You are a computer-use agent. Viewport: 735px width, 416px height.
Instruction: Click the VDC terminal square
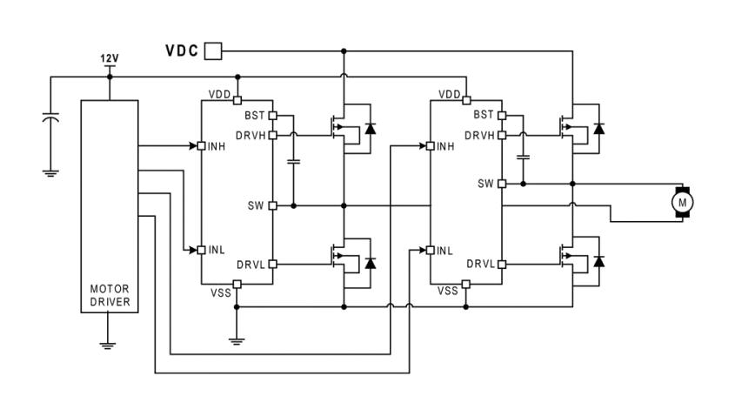[213, 50]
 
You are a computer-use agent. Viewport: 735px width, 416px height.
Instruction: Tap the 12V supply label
[110, 58]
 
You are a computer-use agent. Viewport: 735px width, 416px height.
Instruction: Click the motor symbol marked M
[682, 202]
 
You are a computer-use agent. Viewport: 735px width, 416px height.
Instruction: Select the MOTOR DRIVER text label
[110, 296]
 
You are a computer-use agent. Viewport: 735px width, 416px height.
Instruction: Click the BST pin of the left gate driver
[272, 116]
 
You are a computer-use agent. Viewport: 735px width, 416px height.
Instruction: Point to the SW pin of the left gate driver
[272, 205]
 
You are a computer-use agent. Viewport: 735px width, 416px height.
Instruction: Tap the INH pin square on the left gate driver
[202, 146]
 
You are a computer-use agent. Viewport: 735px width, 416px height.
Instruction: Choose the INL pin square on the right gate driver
[431, 250]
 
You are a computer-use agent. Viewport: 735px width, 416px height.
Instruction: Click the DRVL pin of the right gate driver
[502, 264]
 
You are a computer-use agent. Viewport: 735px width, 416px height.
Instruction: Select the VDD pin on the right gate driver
[466, 100]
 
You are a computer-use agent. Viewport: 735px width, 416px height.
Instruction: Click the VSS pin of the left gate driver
[237, 284]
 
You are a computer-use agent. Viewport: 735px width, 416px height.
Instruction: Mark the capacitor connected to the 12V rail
[50, 117]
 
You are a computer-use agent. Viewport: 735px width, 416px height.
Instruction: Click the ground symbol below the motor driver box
[108, 346]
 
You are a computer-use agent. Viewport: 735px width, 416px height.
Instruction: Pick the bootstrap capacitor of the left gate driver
[293, 162]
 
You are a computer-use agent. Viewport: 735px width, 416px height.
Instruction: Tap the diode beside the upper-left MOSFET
[371, 128]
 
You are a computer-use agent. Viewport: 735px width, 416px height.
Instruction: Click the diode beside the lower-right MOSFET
[598, 261]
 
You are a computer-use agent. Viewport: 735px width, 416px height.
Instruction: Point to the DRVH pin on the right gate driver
[502, 135]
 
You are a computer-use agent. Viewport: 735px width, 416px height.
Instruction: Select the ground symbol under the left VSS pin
[237, 341]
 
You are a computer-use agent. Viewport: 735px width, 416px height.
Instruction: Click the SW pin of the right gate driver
[502, 184]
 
